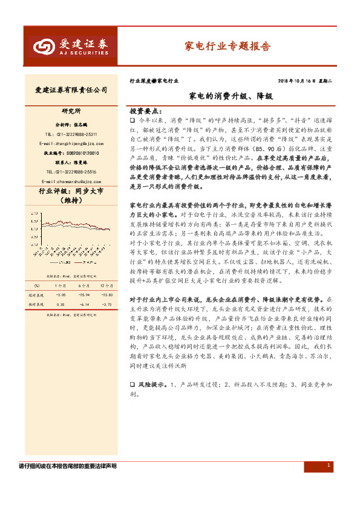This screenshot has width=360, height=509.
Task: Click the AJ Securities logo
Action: point(71,47)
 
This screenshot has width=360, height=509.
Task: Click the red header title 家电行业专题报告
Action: point(227,46)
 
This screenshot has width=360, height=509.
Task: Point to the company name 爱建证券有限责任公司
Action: point(71,89)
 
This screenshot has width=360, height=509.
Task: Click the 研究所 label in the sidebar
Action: point(71,111)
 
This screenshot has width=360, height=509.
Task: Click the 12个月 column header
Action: point(106,286)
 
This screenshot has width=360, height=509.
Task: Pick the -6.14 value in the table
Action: point(83,305)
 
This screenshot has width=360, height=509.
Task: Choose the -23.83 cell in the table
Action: point(106,295)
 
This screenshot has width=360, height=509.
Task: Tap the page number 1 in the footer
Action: point(328,465)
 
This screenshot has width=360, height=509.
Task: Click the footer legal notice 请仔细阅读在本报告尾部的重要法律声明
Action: point(68,466)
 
